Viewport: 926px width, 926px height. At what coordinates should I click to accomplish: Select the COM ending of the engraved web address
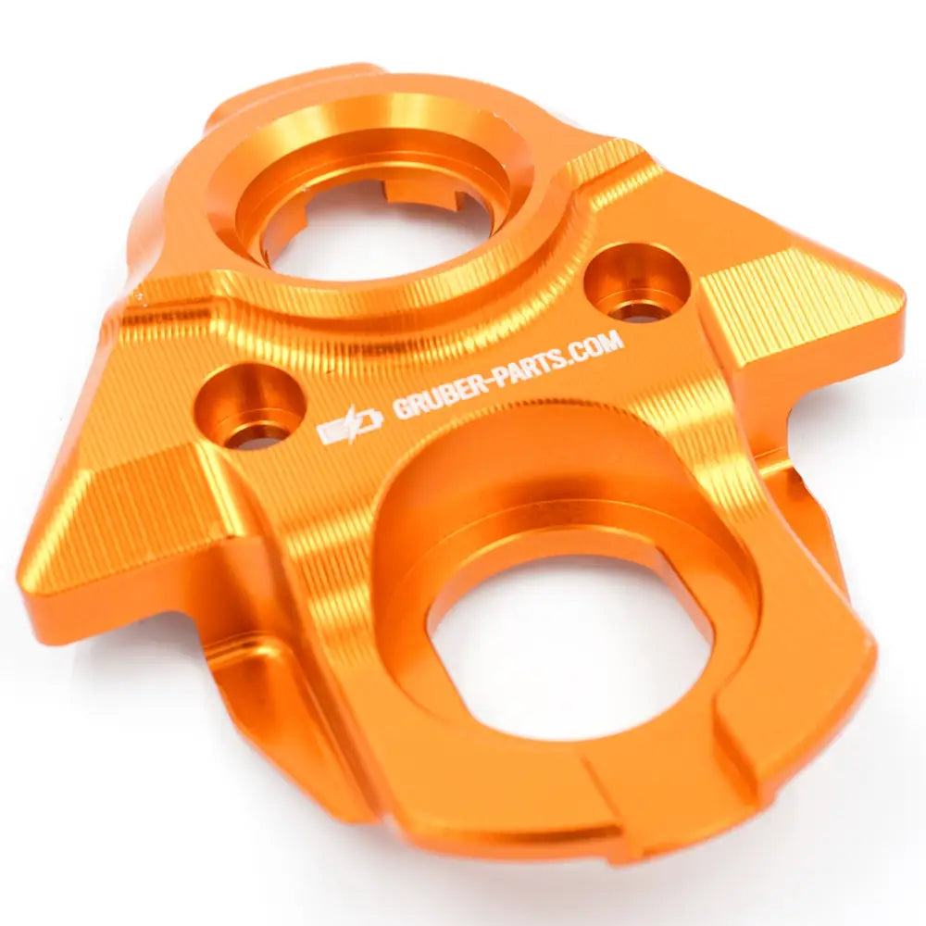(x=596, y=344)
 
